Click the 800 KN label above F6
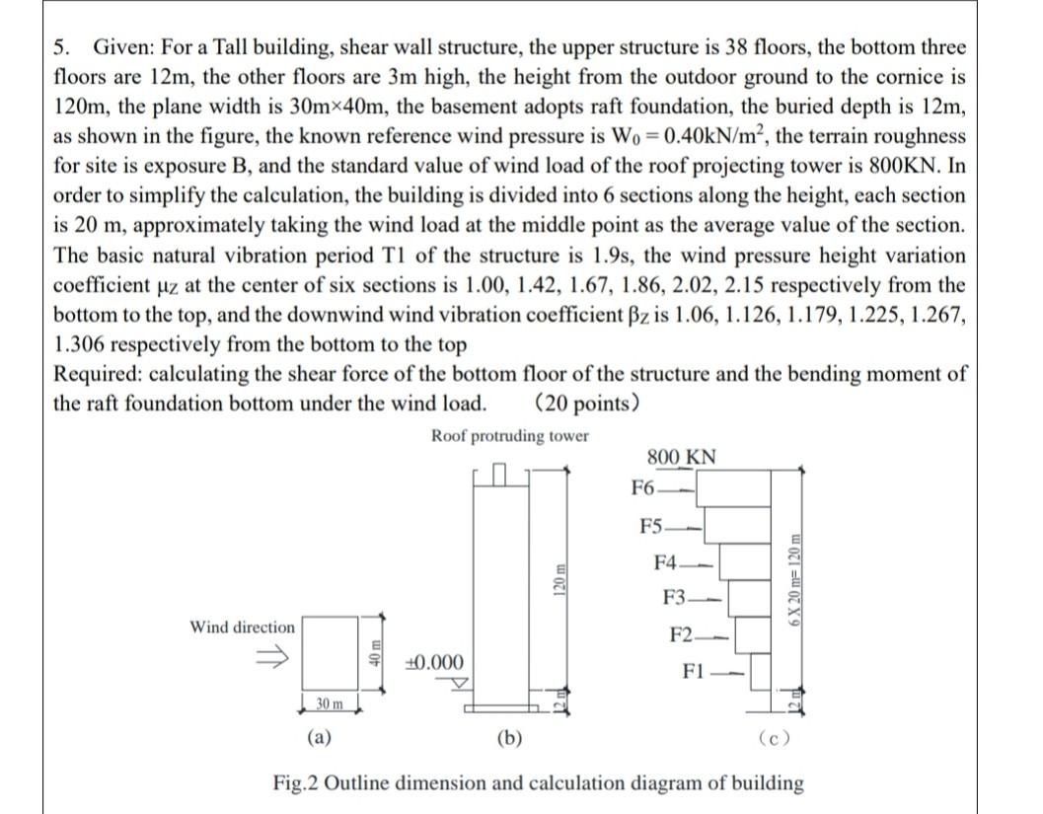tap(682, 458)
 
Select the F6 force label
tap(642, 486)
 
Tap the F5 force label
tap(651, 525)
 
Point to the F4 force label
tap(666, 562)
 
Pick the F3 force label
tap(676, 599)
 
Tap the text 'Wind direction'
tap(242, 628)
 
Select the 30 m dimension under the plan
tap(330, 703)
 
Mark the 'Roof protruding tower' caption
tap(509, 436)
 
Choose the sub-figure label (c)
tap(773, 737)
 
